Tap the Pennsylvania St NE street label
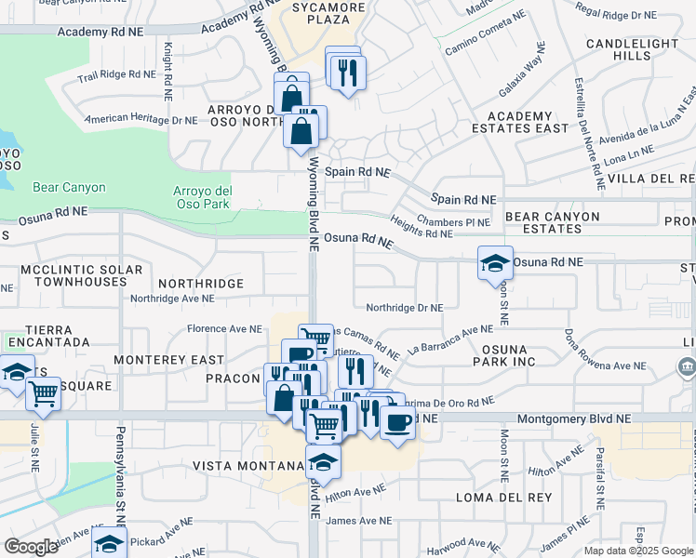120,474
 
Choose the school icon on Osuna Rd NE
495,262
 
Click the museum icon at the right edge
687,366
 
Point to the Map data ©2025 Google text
637,551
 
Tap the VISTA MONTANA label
244,465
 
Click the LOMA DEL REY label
493,498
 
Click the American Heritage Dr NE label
141,120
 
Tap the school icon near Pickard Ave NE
109,541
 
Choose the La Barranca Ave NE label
449,335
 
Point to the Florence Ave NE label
224,328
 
